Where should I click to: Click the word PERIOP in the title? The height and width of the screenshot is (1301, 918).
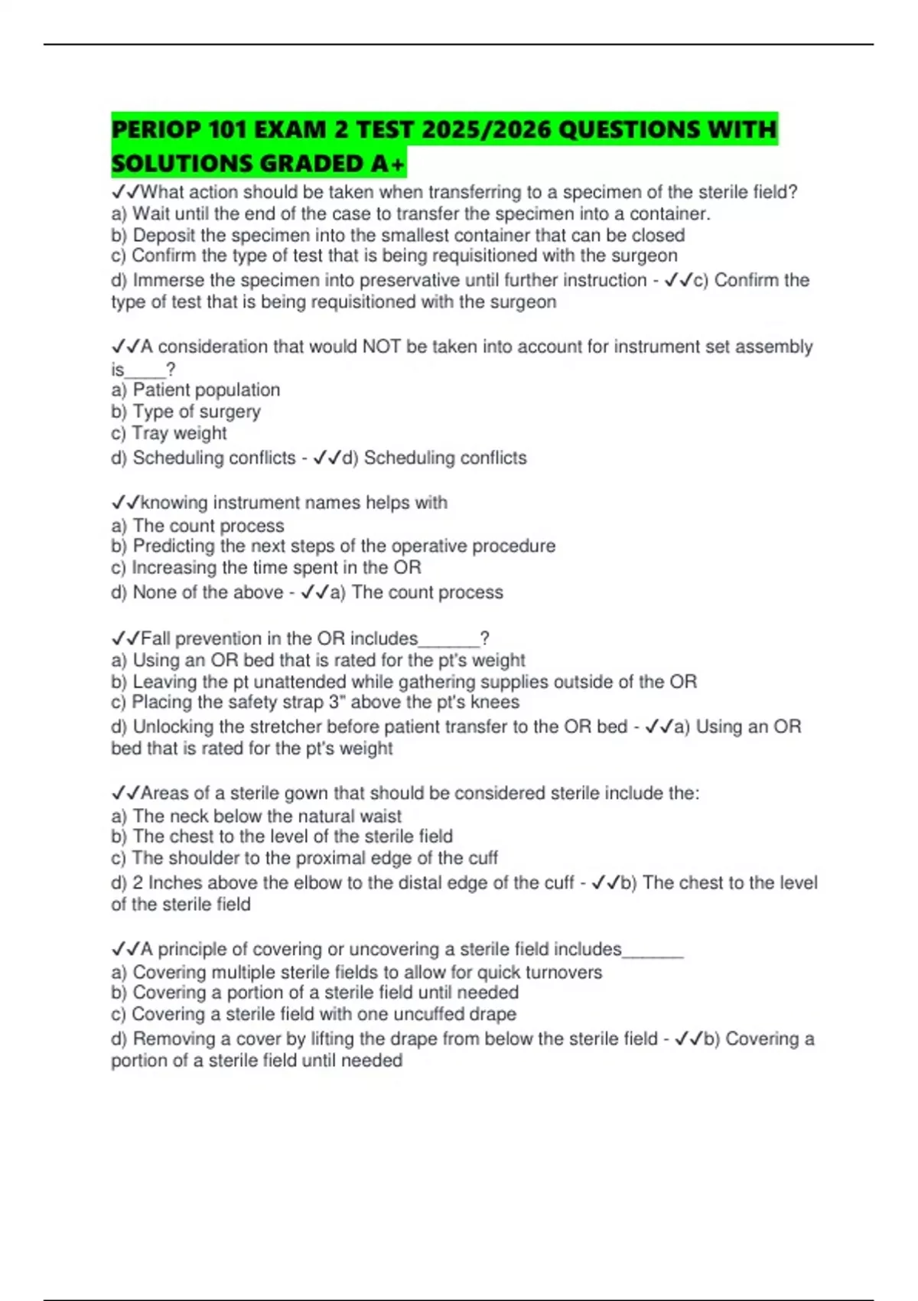click(156, 129)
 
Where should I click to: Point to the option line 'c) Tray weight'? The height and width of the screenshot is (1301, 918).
click(169, 433)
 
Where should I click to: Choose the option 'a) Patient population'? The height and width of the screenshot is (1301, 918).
click(196, 390)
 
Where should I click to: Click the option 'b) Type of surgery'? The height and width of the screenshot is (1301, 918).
click(186, 412)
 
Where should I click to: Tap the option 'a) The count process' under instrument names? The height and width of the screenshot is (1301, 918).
click(197, 526)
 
